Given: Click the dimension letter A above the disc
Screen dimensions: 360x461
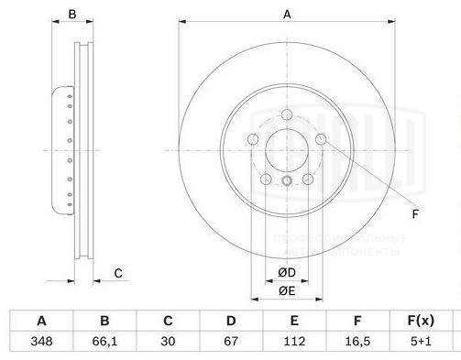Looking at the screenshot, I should point(287,14).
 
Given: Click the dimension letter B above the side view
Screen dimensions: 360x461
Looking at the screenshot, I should point(73,14).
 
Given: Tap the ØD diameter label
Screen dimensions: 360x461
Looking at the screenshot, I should point(287,272).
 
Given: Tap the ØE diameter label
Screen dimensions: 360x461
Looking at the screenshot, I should point(287,290).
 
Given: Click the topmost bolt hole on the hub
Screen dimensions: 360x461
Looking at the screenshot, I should point(287,115).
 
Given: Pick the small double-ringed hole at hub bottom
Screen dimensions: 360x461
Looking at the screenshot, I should point(287,180).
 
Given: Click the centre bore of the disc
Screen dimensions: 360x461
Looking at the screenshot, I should point(287,149).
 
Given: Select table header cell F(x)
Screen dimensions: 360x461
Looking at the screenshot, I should point(419,321).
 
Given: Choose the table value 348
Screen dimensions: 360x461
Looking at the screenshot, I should point(41,342).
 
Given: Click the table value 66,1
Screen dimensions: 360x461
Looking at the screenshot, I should point(104,342).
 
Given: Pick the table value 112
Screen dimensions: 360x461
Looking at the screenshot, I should point(294,342).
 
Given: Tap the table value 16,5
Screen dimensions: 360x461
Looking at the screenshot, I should point(357,342).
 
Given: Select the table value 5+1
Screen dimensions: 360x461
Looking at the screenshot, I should point(419,342).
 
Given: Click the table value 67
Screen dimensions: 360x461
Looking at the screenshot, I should point(231,342).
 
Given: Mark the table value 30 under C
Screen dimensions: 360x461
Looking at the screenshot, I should point(168,342).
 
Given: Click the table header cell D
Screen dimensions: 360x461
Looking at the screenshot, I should point(231,321).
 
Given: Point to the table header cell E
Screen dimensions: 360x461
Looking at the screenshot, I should point(294,321).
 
